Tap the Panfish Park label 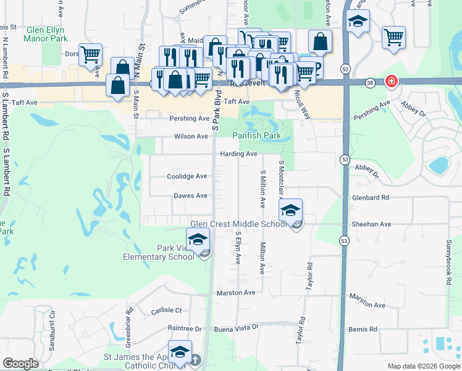256,135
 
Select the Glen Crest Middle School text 238,224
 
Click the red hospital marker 391,82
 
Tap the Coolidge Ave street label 187,176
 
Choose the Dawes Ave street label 190,196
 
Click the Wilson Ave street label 191,136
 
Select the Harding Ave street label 238,153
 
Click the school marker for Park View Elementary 198,240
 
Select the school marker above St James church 179,352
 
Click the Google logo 20,363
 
